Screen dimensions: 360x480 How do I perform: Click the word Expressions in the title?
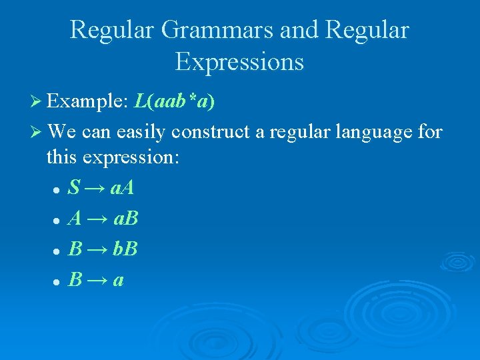point(239,61)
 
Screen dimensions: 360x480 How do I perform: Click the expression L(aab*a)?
point(174,103)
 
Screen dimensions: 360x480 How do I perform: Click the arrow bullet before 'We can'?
point(38,132)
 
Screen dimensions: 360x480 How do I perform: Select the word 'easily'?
point(141,132)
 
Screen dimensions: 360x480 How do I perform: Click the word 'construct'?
point(211,132)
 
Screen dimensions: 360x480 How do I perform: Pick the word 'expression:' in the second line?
point(143,158)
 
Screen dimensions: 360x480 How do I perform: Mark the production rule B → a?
point(96,280)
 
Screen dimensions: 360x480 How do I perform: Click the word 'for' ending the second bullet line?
point(429,132)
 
